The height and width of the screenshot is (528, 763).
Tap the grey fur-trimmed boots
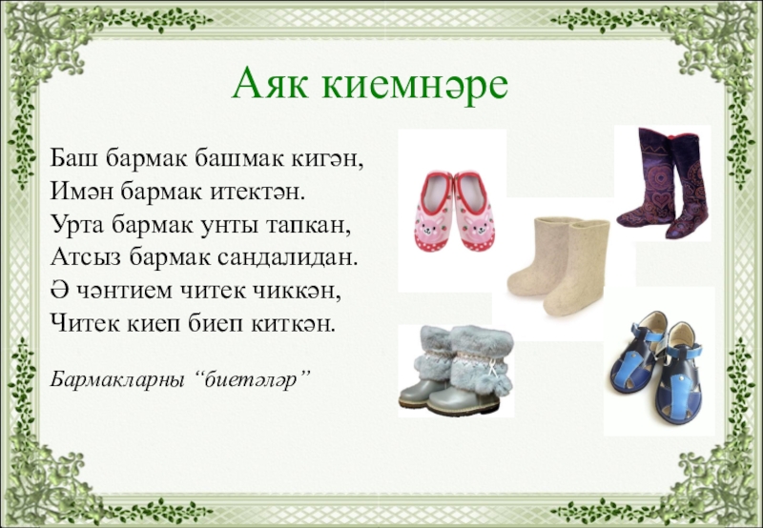point(453,372)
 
